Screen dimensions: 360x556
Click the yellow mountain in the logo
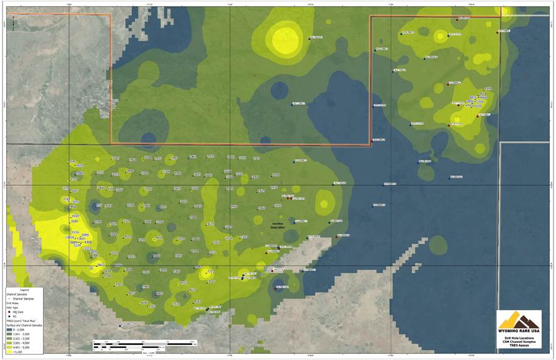coord(510,320)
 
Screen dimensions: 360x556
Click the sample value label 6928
coord(75,216)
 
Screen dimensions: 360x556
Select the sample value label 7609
coord(75,222)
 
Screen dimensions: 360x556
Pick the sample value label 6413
coord(100,265)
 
